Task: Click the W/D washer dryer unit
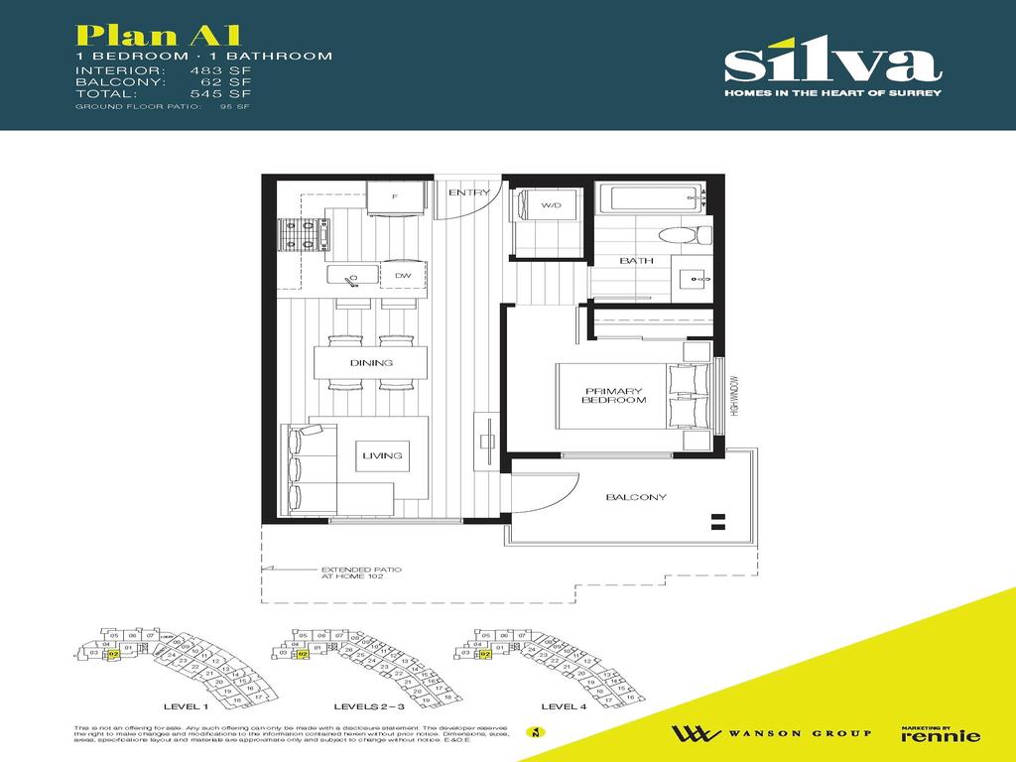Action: (551, 206)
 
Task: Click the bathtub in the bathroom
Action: (655, 196)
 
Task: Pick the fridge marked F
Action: (396, 196)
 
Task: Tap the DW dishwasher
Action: (402, 275)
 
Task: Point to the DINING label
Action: (371, 363)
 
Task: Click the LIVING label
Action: (382, 455)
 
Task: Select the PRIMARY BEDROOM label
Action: (615, 395)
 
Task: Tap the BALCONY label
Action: (636, 497)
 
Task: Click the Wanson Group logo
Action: (771, 733)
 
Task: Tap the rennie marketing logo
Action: (940, 733)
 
